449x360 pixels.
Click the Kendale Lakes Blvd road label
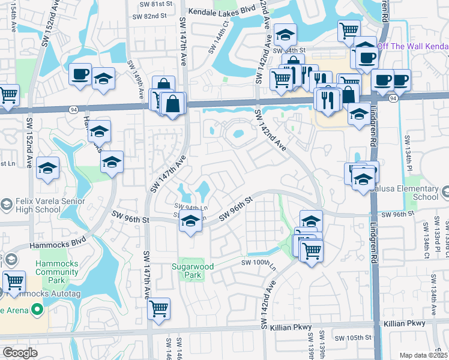(x=222, y=11)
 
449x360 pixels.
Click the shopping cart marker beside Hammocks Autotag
(x=13, y=281)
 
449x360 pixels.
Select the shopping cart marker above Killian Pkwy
(x=159, y=308)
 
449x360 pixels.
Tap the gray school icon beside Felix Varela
(x=6, y=205)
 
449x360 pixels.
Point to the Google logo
(x=20, y=353)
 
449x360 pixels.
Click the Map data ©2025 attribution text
(x=423, y=355)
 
